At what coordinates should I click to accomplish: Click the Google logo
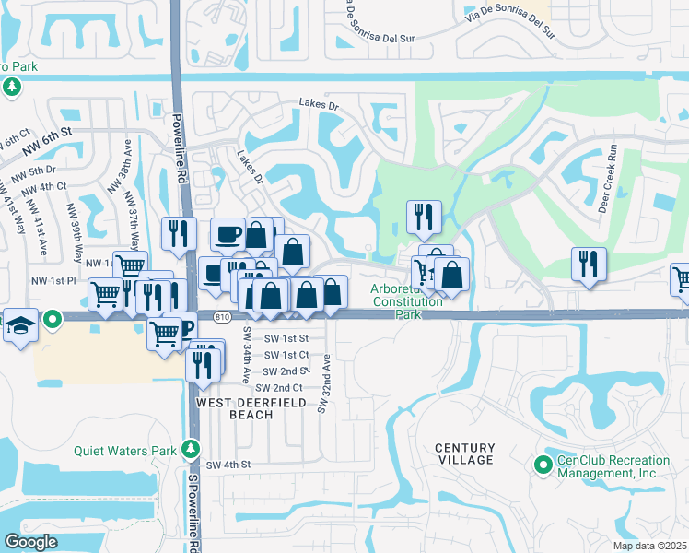click(x=30, y=542)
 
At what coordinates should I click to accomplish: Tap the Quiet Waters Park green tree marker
click(x=191, y=449)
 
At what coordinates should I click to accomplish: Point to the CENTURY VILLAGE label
click(x=465, y=453)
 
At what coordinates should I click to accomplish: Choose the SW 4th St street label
click(x=229, y=465)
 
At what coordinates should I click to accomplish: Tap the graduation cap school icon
click(x=20, y=327)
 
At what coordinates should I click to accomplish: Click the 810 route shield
click(x=219, y=316)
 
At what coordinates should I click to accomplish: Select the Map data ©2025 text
click(x=648, y=546)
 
